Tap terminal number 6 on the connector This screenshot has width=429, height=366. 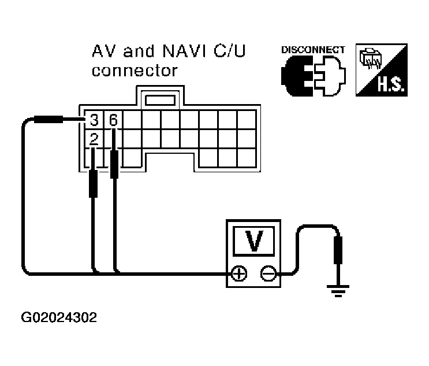pyautogui.click(x=113, y=120)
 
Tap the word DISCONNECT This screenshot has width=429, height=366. pyautogui.click(x=312, y=50)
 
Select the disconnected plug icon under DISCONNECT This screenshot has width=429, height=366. pyautogui.click(x=312, y=77)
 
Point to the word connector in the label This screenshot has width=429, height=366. pyautogui.click(x=135, y=71)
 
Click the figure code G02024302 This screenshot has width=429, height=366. pyautogui.click(x=59, y=317)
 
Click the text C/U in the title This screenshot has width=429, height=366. pyautogui.click(x=227, y=53)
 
